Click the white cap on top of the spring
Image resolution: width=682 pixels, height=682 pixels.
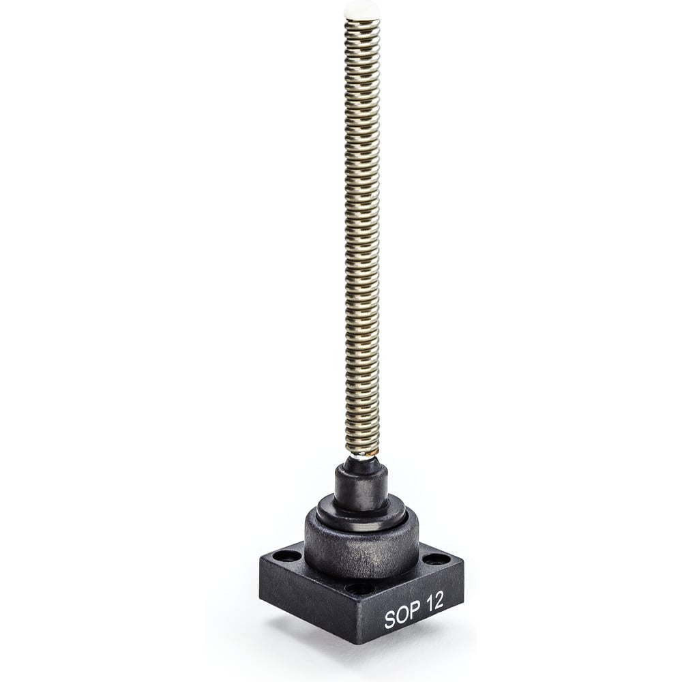tap(361, 10)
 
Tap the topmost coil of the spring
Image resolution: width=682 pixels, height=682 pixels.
tap(361, 22)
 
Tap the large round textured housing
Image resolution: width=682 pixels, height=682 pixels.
tap(361, 548)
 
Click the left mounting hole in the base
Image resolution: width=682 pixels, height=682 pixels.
tap(286, 556)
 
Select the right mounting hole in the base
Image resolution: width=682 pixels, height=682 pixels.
tap(435, 559)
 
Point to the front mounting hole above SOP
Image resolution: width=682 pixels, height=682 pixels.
tap(360, 589)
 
